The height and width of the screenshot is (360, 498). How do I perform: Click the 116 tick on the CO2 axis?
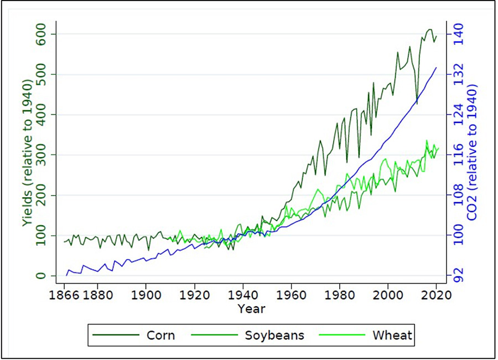(460, 155)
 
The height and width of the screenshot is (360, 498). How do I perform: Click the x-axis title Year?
(251, 308)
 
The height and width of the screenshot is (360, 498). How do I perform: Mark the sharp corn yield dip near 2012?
(417, 103)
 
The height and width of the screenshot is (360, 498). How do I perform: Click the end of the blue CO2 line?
(437, 68)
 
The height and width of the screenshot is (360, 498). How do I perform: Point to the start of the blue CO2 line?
(66, 275)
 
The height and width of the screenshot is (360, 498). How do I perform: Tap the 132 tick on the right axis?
(460, 75)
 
